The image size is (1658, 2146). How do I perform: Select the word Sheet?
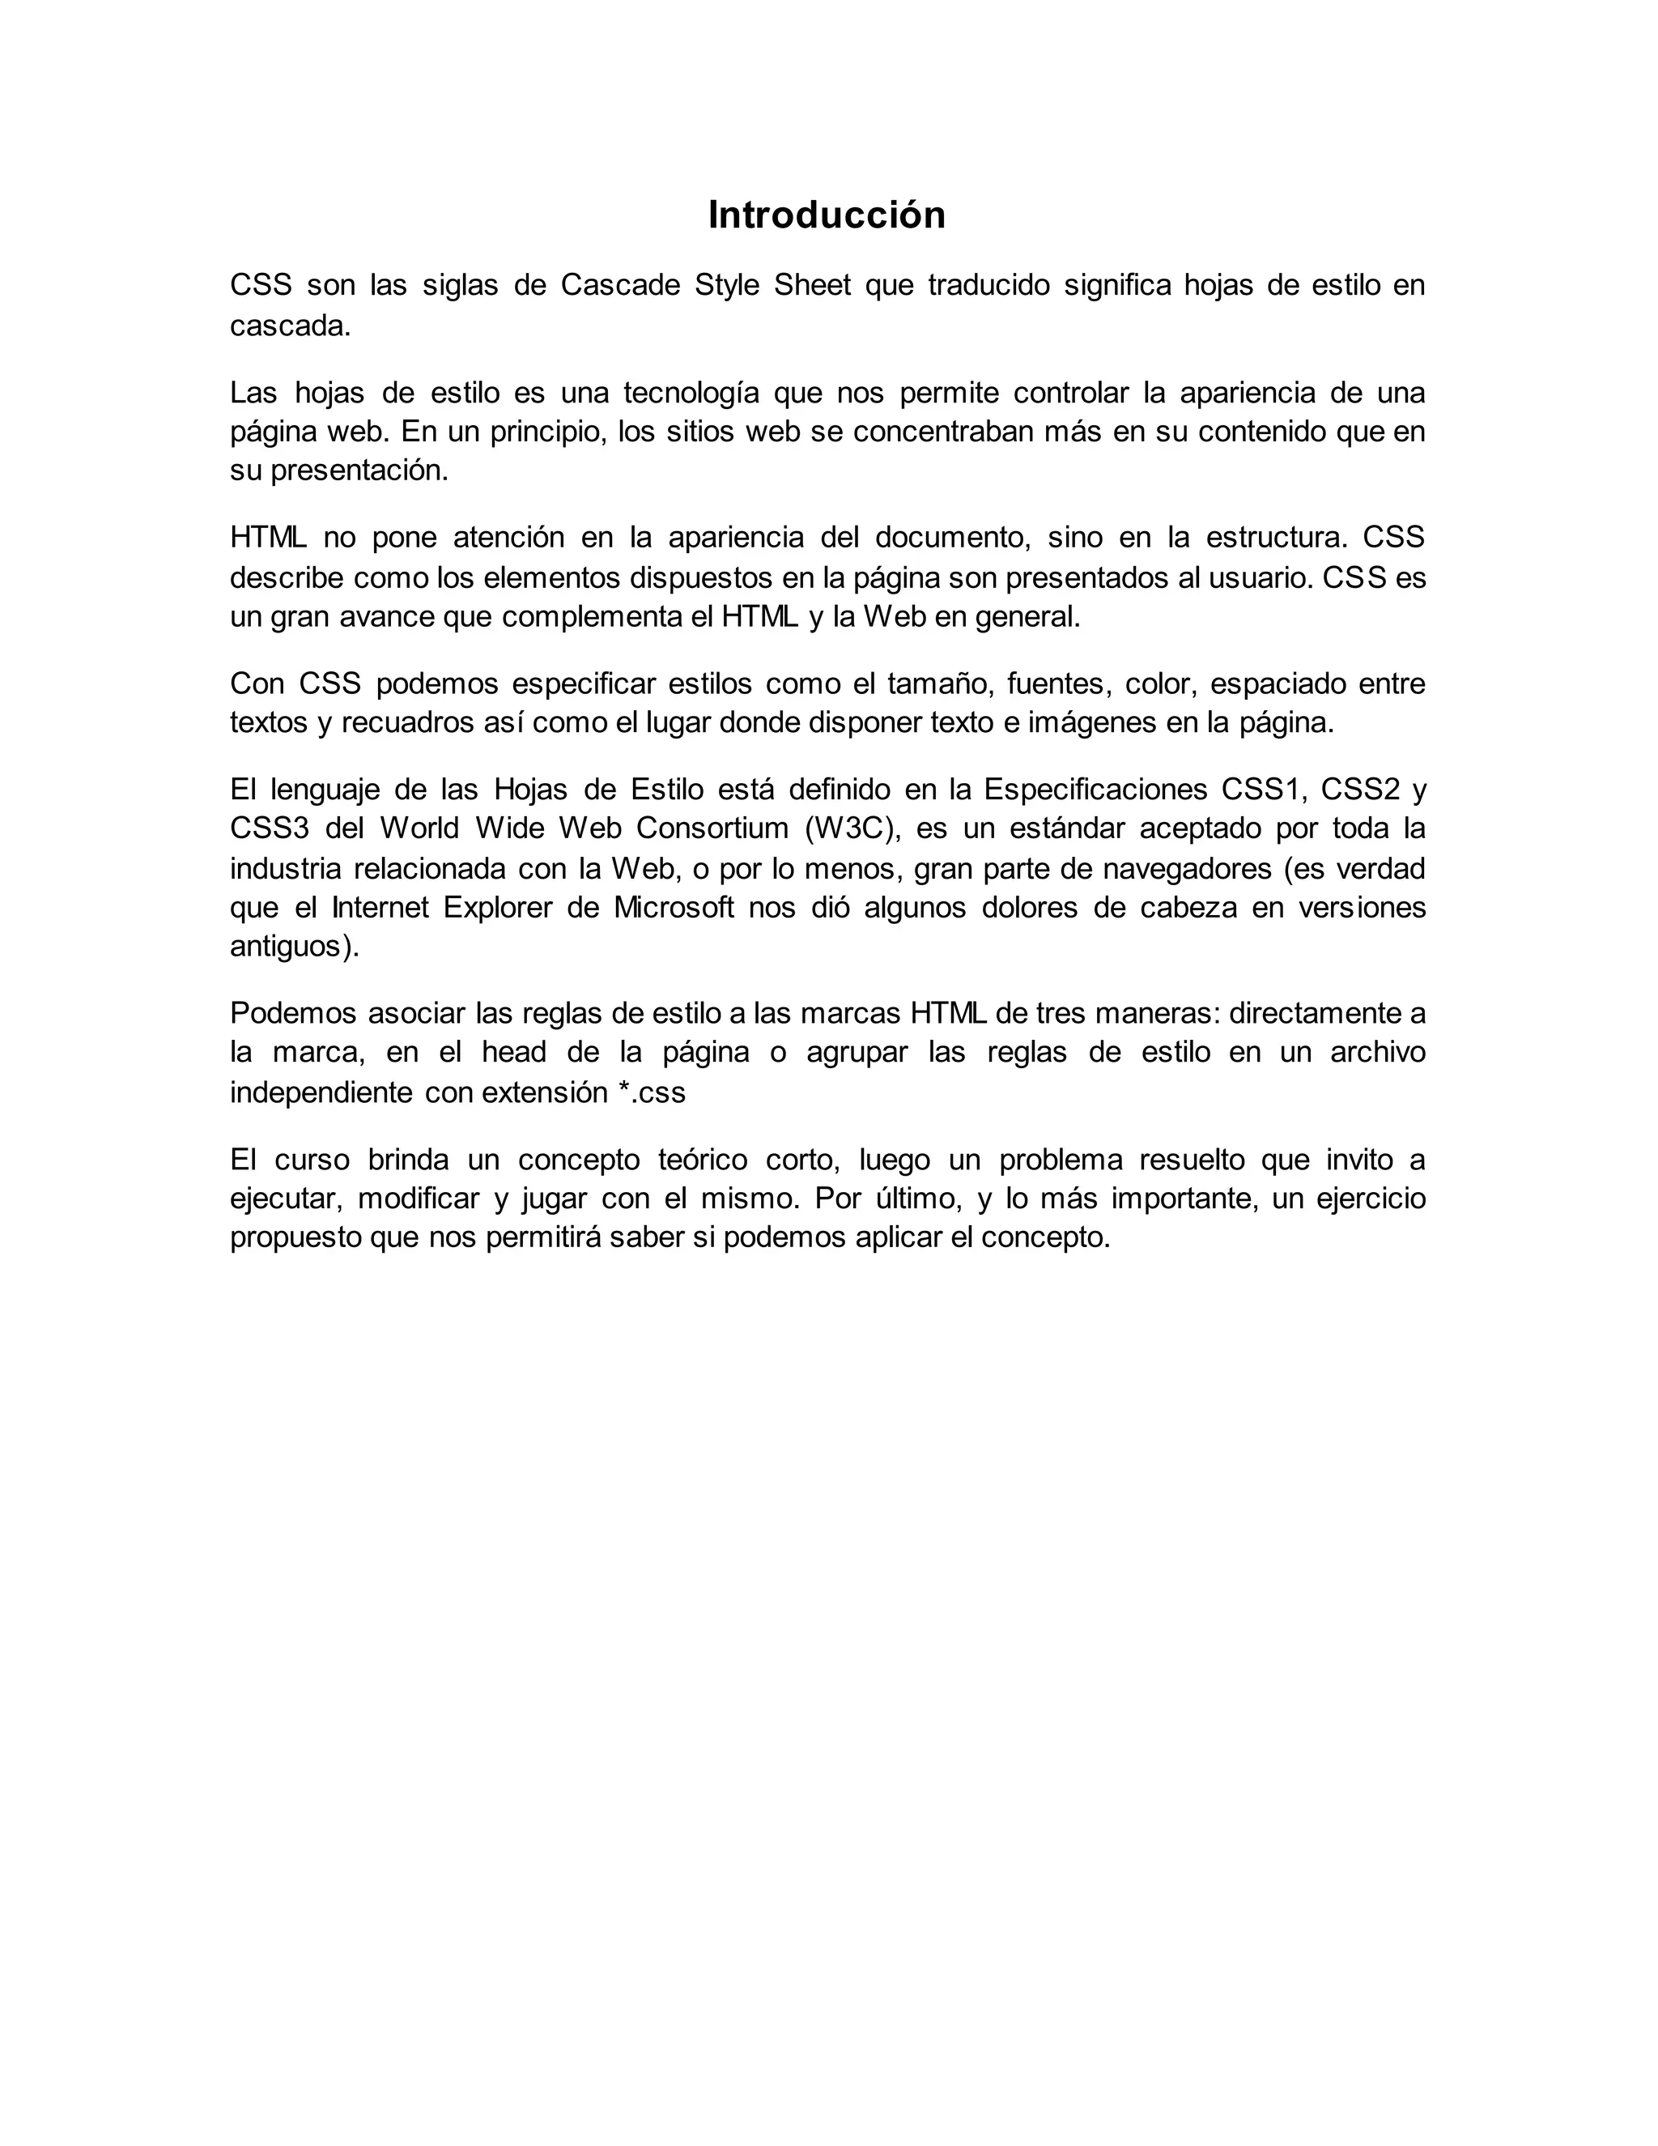click(x=811, y=285)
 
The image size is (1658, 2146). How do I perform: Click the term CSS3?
click(x=269, y=828)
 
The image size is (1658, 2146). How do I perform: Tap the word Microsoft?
click(x=674, y=907)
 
